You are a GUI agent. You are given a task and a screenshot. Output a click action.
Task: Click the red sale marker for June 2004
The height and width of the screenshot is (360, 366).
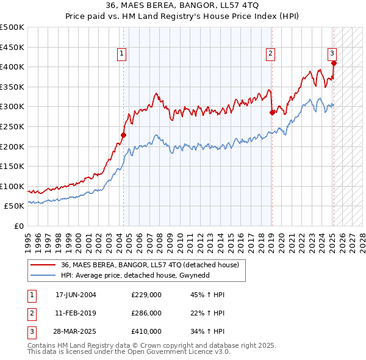123,135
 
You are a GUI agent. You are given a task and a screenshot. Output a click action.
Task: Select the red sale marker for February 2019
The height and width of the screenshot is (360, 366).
272,112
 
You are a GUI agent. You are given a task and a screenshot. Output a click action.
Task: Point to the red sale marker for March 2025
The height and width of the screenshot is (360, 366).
334,63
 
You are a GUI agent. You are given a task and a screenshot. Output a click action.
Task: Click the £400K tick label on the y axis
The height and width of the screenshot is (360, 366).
12,67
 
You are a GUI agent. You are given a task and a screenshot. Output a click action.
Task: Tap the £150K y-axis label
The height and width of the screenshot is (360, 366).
12,166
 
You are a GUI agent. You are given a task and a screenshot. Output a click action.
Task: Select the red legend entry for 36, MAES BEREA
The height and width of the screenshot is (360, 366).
152,264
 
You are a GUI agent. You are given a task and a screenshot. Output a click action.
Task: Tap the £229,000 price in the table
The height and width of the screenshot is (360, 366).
146,295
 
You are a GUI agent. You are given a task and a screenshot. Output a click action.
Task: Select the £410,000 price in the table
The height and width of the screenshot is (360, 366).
146,331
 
